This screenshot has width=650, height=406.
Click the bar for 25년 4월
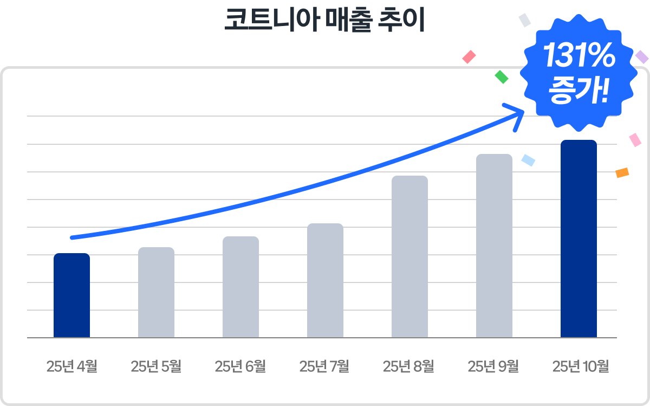71,295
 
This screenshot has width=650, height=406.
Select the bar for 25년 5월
156,293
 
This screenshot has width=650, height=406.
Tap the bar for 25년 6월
240,287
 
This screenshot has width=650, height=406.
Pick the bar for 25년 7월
325,280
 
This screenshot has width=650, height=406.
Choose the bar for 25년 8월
409,256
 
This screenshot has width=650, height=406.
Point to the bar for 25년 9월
494,246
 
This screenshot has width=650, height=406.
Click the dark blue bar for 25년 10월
578,239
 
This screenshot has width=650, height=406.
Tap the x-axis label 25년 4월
71,366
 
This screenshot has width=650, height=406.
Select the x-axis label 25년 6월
240,366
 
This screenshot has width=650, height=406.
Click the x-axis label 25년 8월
409,366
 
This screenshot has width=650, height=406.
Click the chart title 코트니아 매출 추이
325,21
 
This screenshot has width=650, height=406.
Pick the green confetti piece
502,77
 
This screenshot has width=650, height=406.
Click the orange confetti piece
622,173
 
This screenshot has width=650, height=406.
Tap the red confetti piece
469,57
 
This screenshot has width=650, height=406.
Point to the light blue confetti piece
528,160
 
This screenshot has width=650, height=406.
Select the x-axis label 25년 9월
493,366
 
